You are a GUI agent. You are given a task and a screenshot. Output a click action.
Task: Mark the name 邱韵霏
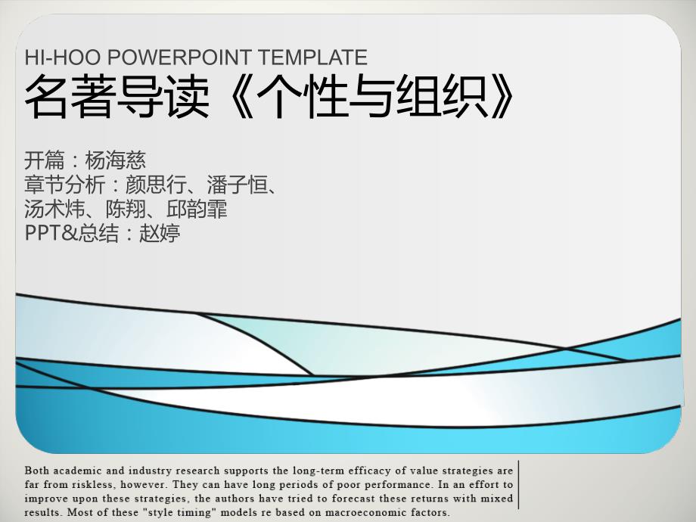click(197, 209)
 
